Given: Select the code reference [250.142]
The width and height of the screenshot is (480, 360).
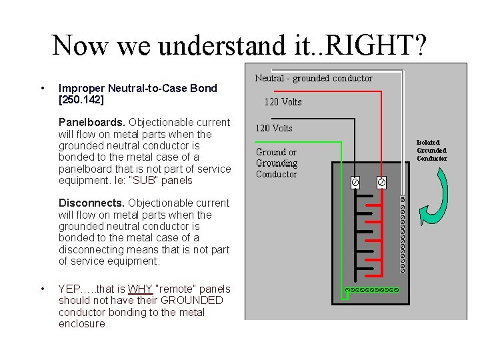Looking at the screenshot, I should (81, 100).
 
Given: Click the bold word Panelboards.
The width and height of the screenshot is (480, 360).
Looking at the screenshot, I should (92, 122).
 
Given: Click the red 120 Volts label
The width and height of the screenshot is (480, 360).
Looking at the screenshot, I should (283, 102).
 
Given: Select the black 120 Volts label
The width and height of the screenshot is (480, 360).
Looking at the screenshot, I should (274, 128).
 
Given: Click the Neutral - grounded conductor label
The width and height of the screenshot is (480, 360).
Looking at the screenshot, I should (313, 78).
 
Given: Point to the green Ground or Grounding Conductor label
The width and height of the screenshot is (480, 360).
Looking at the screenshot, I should (277, 163).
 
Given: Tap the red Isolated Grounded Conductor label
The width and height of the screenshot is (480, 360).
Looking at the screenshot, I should (431, 150).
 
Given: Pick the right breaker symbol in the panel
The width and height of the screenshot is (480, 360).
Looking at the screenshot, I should (381, 181).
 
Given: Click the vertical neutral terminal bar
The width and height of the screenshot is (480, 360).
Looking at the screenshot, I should (402, 235).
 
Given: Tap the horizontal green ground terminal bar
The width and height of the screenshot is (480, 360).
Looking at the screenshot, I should (371, 290).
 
